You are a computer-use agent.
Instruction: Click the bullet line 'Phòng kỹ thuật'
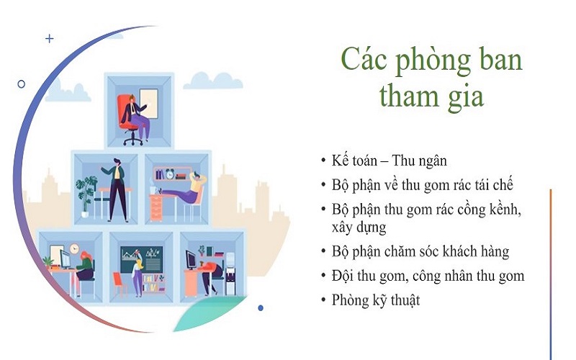[375, 300]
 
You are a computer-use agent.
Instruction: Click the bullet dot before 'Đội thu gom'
[323, 276]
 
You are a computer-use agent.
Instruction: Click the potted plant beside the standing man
[87, 192]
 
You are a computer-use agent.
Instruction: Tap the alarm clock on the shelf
[170, 174]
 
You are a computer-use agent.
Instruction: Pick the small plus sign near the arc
[50, 39]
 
